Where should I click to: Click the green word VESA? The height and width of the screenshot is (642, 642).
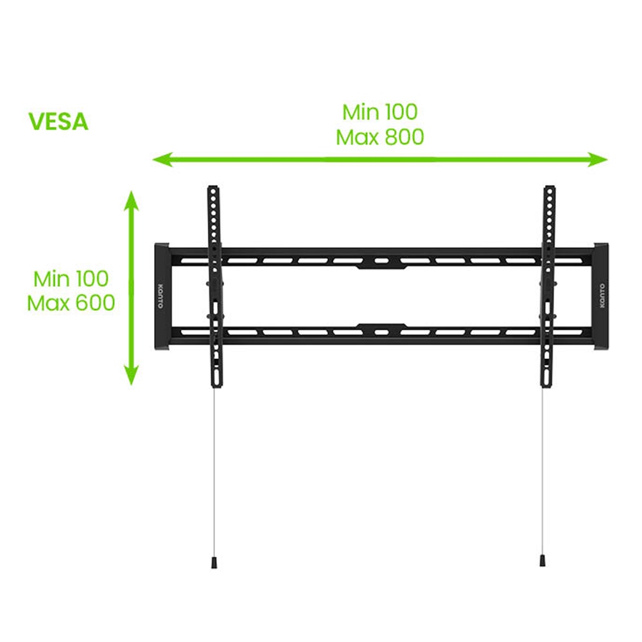(58, 121)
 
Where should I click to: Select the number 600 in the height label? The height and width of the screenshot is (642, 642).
(95, 303)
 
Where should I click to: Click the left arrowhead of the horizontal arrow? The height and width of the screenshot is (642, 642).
(162, 159)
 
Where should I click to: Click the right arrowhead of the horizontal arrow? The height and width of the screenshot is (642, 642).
(598, 159)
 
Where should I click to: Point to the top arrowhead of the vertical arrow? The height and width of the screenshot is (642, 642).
(132, 200)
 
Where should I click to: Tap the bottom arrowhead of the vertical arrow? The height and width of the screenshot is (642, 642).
(132, 375)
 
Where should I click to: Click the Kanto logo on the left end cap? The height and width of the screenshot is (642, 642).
(160, 295)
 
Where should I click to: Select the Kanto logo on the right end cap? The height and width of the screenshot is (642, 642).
(602, 295)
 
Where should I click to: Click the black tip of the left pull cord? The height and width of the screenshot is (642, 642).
(214, 562)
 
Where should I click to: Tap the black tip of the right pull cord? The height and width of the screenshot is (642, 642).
(542, 561)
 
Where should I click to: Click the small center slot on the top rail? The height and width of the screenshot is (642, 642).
(381, 261)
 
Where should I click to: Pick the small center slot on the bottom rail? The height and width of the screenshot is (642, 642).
(381, 332)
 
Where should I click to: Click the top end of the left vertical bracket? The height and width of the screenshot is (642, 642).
(213, 187)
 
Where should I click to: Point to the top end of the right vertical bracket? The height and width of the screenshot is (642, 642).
(550, 187)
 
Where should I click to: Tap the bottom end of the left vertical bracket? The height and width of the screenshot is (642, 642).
(217, 386)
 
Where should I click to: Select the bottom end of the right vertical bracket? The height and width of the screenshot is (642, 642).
(546, 386)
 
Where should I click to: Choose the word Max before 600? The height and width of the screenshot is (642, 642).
(49, 303)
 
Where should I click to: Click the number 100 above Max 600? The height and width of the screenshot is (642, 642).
(92, 279)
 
